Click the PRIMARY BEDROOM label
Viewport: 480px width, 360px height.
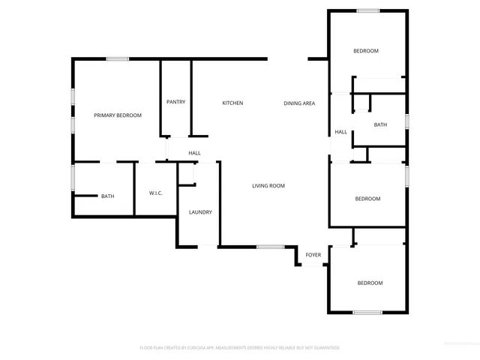click(118, 115)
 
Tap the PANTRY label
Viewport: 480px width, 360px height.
click(175, 102)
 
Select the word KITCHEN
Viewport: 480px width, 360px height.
click(232, 103)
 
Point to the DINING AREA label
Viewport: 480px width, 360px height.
click(298, 103)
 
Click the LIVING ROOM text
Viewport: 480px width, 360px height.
click(268, 186)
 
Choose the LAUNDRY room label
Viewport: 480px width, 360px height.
click(200, 212)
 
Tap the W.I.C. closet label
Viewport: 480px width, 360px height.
click(156, 193)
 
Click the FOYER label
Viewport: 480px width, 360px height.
click(313, 255)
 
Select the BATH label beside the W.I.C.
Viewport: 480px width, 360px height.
click(108, 196)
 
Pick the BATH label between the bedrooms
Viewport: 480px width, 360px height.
click(380, 124)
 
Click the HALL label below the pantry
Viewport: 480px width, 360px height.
click(194, 153)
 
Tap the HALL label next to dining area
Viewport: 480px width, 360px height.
click(340, 132)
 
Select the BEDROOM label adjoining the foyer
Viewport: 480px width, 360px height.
click(370, 283)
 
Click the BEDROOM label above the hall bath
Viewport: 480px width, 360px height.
click(366, 51)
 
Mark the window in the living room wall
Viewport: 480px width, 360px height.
click(270, 247)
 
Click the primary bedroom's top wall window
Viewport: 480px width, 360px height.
click(117, 58)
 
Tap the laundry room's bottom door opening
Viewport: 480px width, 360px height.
click(207, 246)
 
